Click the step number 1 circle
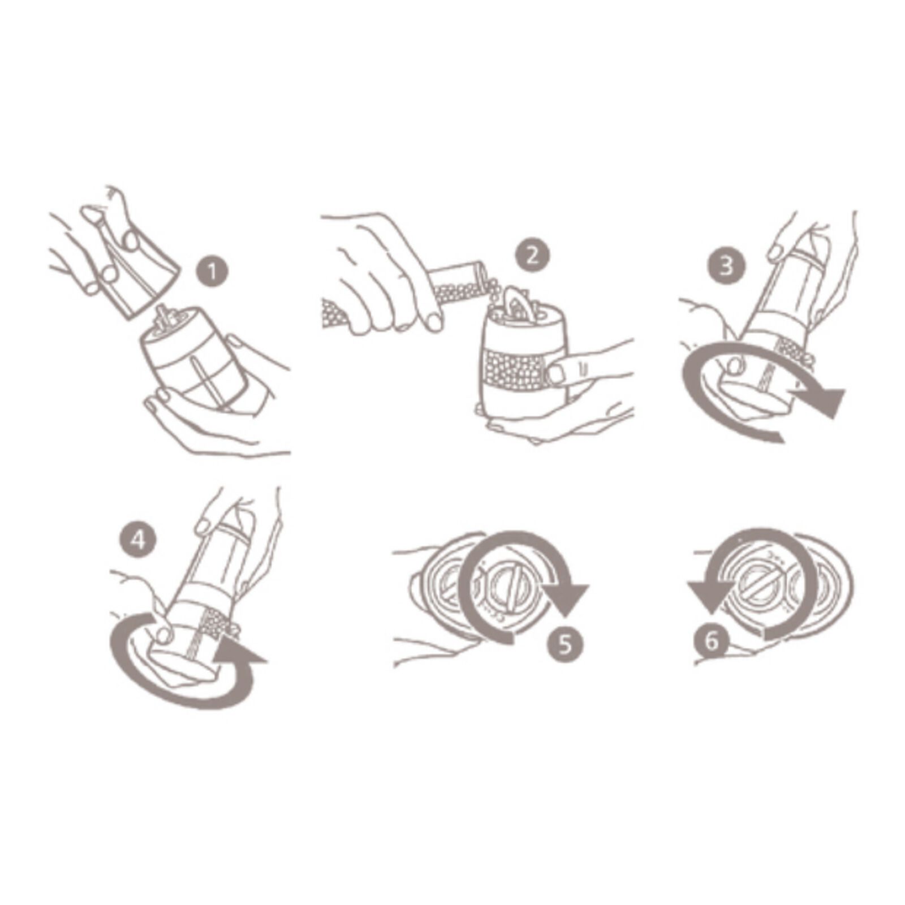tap(212, 272)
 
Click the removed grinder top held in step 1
tap(139, 277)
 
